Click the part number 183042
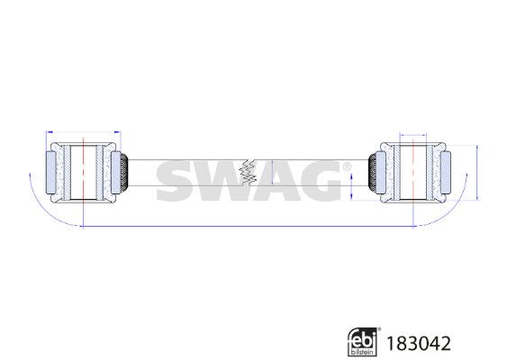pos(419,343)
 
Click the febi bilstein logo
pos(364,342)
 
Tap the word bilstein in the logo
pos(362,352)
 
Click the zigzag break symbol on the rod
pos(248,173)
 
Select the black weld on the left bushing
pos(124,173)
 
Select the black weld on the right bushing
pos(373,173)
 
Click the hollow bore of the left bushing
pos(83,173)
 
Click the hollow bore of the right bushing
pos(413,173)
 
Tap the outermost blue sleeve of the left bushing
pos(50,173)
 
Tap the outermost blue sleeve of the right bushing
pos(446,173)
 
